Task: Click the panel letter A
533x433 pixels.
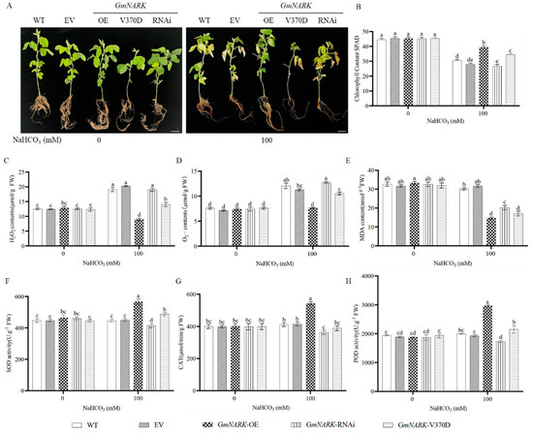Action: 6,6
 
